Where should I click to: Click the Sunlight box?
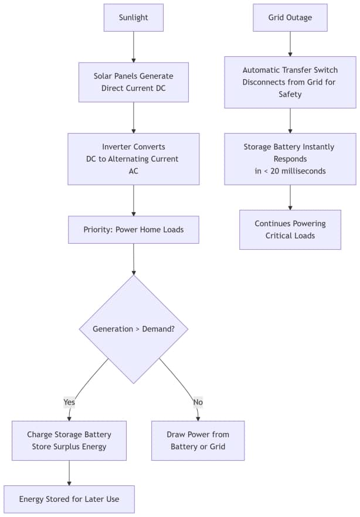[134, 18]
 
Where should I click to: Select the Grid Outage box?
[290, 18]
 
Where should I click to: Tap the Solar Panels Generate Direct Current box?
[134, 82]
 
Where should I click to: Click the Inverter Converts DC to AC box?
[134, 159]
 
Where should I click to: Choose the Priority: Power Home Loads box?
[134, 230]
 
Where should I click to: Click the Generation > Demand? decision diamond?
[134, 329]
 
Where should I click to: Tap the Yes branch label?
[69, 402]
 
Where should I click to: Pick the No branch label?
[198, 402]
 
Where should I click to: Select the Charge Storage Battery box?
[69, 441]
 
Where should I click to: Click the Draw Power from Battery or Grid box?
[198, 441]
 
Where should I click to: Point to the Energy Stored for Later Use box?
[69, 499]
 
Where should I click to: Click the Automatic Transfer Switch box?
[290, 82]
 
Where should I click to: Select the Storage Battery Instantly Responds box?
[290, 159]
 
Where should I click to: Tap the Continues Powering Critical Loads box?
[290, 230]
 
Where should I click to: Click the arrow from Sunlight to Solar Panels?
[134, 47]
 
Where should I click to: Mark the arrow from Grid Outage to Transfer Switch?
[290, 44]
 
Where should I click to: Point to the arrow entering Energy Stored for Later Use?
[69, 473]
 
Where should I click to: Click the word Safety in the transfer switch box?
[290, 94]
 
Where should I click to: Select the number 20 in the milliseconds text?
[275, 171]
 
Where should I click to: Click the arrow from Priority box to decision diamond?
[134, 259]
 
